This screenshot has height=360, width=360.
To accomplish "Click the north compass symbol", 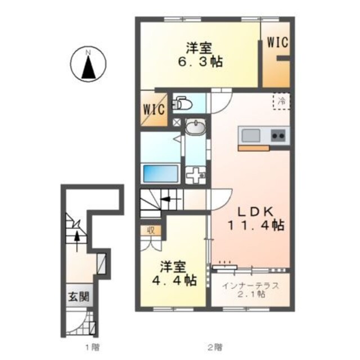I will pos(88,64).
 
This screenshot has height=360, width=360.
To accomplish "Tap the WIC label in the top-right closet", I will pos(277,43).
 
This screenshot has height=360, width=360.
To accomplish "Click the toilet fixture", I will pos(182,103).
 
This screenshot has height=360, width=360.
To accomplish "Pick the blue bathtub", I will pos(161,173).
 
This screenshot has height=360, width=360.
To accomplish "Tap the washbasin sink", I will pos(196,129).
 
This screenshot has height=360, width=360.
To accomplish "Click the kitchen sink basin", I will pos(250,135).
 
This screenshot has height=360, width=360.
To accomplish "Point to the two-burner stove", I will pos(278,135).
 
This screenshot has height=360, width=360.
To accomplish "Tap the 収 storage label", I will pos(151,229).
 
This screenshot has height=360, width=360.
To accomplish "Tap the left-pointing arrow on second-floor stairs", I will pos(167,199).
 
